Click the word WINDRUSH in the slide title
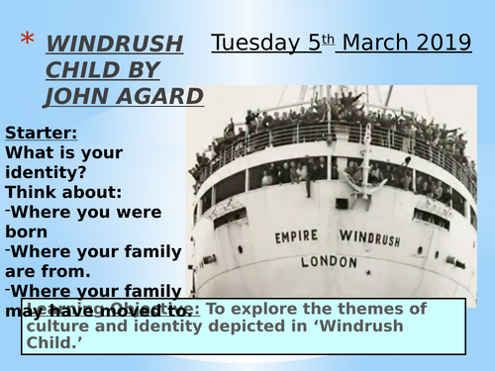(115, 44)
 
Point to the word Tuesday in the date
(258, 44)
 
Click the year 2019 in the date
(444, 44)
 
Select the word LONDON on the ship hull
(328, 262)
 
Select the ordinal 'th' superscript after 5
(331, 39)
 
